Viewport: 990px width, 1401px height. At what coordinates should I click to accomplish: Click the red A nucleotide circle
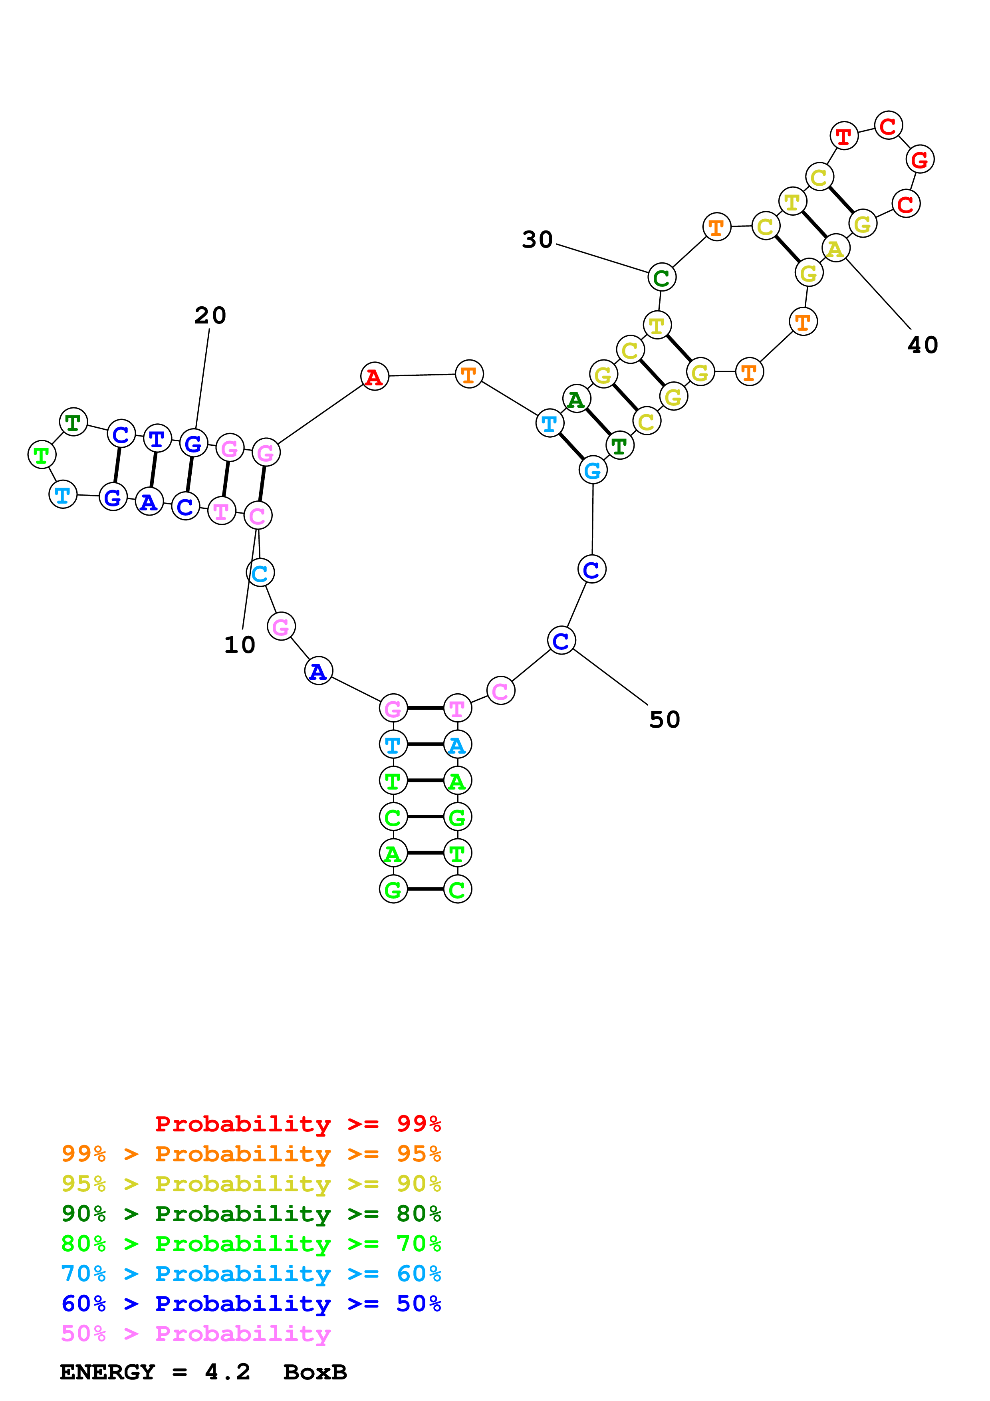click(375, 377)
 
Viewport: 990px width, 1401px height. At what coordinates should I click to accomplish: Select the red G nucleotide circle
click(920, 159)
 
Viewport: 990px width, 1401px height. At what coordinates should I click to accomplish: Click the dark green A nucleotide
click(576, 400)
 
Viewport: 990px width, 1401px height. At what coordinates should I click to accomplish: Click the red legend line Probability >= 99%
click(298, 1124)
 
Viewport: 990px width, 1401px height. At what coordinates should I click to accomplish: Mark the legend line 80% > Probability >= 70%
click(251, 1244)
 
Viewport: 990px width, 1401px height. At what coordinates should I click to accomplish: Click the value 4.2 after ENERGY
click(228, 1372)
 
